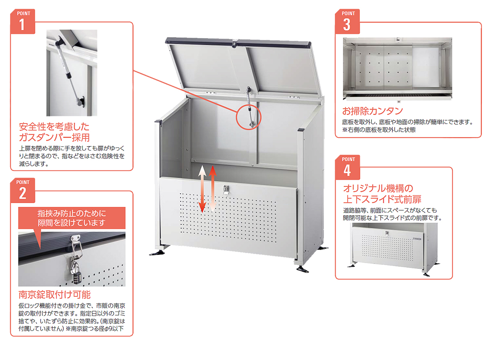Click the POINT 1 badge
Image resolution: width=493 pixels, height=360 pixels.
[23, 21]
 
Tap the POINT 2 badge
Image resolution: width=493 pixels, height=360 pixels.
[23, 190]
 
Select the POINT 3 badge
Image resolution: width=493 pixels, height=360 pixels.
[348, 21]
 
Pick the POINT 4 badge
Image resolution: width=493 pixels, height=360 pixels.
[348, 167]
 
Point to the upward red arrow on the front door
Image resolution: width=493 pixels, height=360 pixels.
[213, 189]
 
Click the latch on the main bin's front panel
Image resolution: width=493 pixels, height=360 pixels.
[226, 190]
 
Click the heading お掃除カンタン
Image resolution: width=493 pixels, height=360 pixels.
[372, 111]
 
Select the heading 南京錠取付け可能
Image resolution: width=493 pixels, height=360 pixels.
[55, 295]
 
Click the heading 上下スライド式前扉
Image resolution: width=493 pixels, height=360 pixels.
[382, 199]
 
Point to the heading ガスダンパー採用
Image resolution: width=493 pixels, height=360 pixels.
[54, 138]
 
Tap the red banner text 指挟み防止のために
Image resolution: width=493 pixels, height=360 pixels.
[72, 213]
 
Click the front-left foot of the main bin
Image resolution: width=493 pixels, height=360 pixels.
[157, 252]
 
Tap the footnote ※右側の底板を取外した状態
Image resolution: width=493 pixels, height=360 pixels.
[379, 130]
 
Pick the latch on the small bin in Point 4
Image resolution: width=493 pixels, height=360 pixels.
[387, 233]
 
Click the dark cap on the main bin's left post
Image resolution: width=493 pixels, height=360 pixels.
[158, 122]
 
